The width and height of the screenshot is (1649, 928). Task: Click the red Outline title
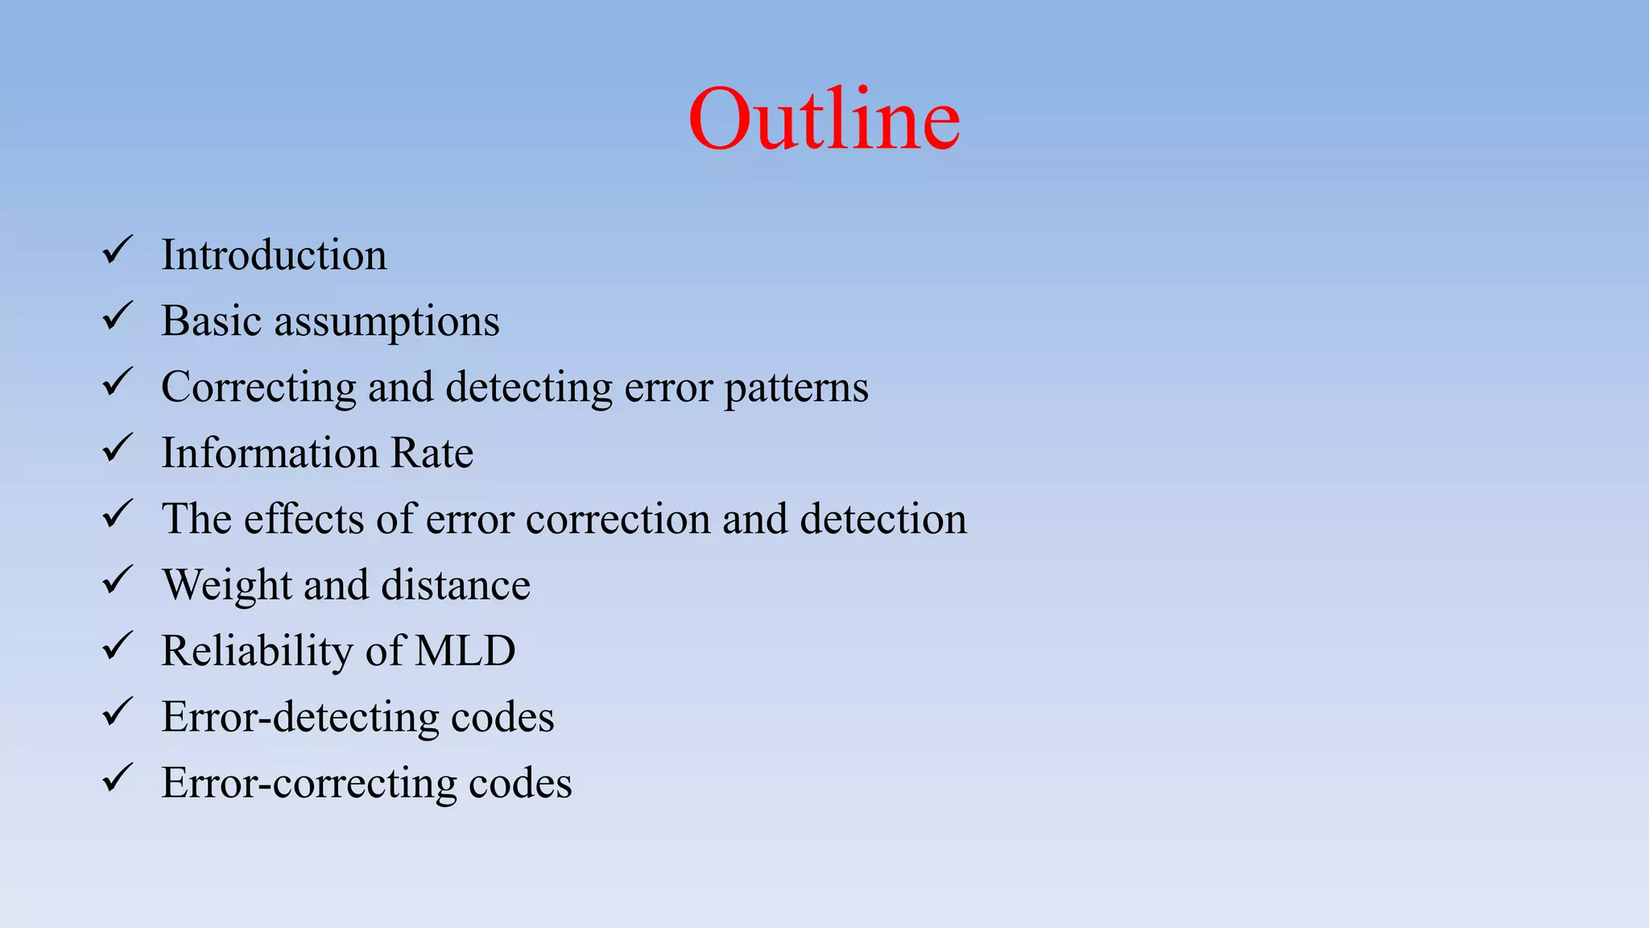tap(824, 119)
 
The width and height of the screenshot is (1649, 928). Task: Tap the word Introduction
tap(274, 255)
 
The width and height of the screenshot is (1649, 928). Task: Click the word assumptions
tap(386, 322)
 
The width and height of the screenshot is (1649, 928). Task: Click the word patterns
tap(796, 388)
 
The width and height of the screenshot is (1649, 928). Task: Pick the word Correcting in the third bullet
tap(258, 388)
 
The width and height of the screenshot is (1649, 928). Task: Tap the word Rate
tap(432, 453)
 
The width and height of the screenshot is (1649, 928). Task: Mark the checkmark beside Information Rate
tap(118, 448)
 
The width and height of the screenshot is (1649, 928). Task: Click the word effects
tap(303, 519)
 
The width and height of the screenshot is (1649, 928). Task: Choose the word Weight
tap(226, 586)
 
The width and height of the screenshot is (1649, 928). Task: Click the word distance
tap(456, 585)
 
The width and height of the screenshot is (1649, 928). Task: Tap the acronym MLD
tap(465, 651)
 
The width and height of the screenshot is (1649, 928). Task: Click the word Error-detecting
tap(300, 718)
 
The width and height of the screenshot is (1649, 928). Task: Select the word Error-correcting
tap(309, 784)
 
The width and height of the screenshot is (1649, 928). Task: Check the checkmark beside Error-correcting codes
tap(118, 778)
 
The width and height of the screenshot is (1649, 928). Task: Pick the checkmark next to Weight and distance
tap(118, 580)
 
